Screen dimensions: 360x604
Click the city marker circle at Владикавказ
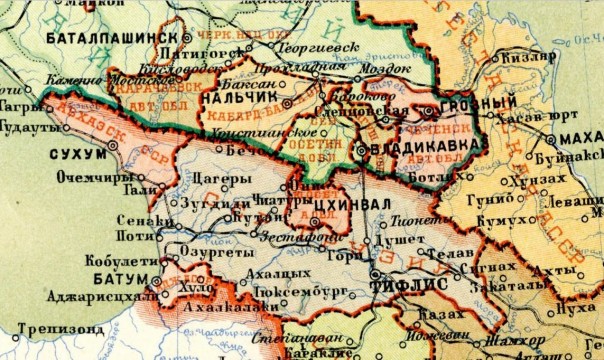point(360,150)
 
